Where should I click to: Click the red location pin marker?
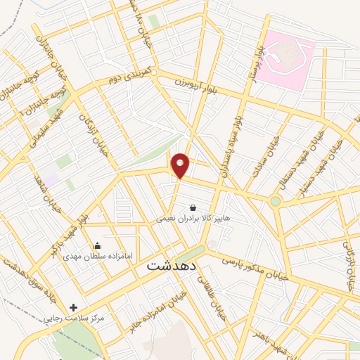pos(181,166)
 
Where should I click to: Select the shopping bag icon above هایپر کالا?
pos(193,207)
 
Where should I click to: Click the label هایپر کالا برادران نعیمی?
pos(193,219)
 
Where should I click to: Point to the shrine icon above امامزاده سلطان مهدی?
pos(98,246)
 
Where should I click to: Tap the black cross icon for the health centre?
pos(74,307)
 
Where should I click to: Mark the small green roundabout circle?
pos(275,201)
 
